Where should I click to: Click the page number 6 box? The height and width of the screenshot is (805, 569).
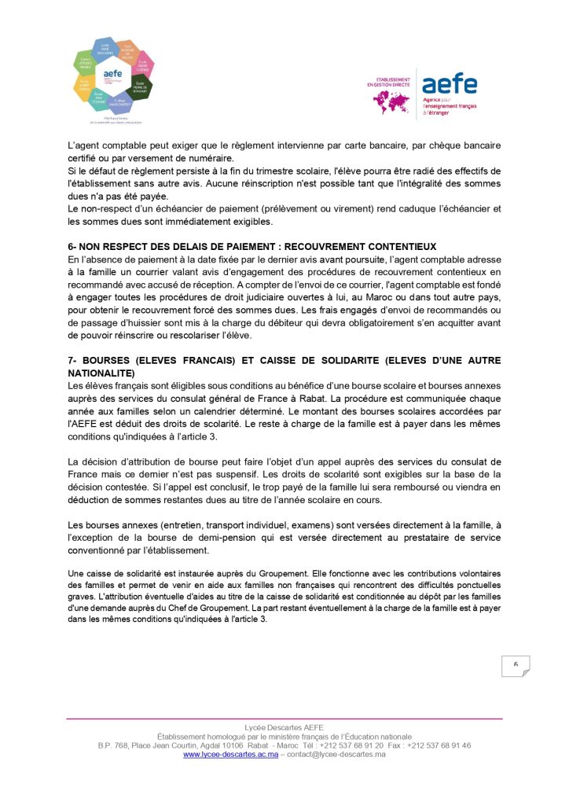coord(516,665)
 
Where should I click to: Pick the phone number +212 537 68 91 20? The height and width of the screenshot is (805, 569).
coord(350,745)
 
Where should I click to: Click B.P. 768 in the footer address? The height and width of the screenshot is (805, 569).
coord(114,745)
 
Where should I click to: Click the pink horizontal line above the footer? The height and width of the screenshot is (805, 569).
coord(284,719)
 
